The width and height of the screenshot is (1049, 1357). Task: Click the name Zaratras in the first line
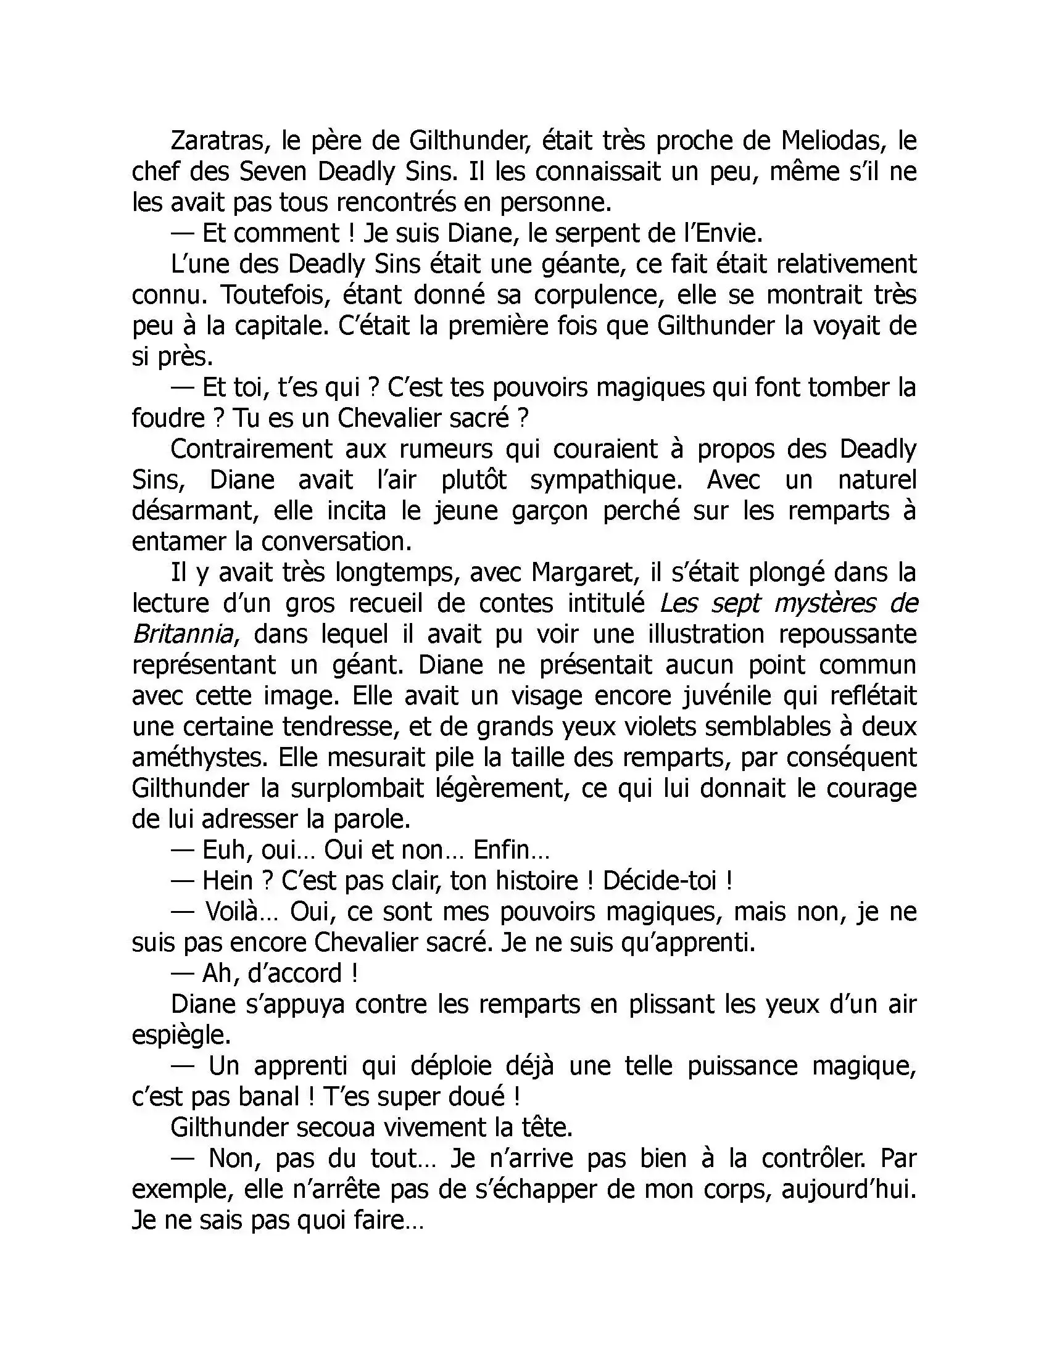click(212, 142)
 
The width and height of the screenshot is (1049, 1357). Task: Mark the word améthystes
click(200, 758)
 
